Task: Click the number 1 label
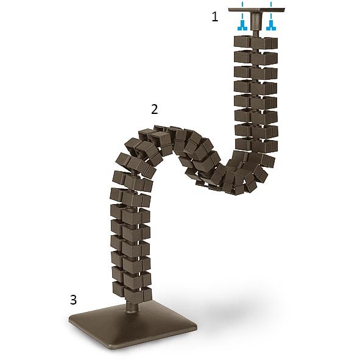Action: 214,17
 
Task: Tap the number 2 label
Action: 155,109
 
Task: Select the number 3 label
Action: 73,299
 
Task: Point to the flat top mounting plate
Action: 256,10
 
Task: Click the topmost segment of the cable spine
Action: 256,43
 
